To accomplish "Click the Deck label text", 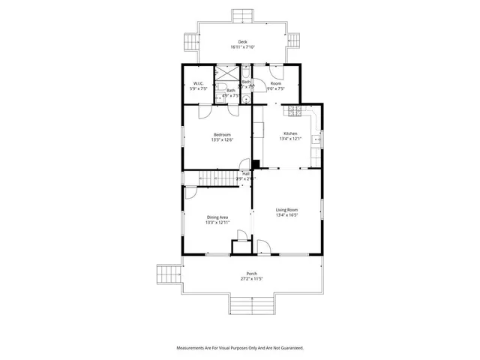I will coord(242,42).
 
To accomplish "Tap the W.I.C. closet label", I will coord(199,83).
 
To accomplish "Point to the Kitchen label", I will coord(289,133).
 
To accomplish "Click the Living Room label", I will coord(286,209).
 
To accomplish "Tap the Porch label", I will coord(252,274).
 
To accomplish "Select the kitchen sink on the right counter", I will coord(318,139).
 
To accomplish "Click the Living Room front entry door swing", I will coord(264,247).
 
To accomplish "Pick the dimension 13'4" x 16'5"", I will coord(286,214).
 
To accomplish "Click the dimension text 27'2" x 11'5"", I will coord(252,279).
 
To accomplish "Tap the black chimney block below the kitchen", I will coord(256,166).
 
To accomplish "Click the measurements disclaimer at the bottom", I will coord(240,348).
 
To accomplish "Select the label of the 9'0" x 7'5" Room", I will coord(275,83).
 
